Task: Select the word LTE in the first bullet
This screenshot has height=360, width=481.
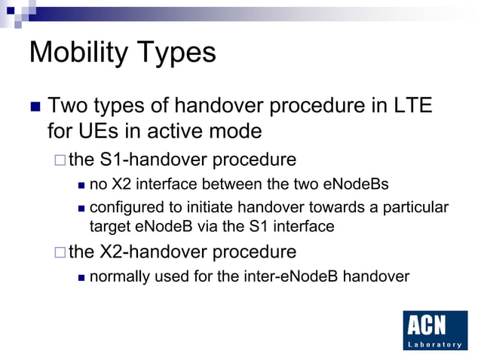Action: tap(411, 106)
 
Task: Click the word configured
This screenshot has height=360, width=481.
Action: tap(126, 207)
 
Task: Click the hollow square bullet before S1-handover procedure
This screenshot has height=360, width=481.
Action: tap(60, 160)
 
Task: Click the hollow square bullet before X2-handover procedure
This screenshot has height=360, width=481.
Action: tap(60, 251)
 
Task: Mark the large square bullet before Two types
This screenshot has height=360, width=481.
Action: tap(35, 107)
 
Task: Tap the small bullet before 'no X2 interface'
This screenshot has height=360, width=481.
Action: tap(80, 184)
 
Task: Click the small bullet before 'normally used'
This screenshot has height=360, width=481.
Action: tap(80, 276)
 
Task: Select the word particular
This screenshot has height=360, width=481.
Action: tap(417, 207)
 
